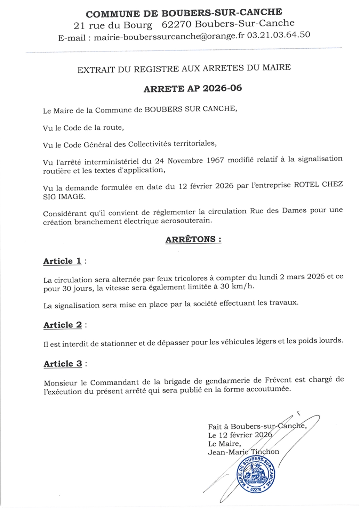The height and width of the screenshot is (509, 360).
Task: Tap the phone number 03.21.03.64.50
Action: pyautogui.click(x=278, y=35)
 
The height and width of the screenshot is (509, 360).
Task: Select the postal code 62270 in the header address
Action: pyautogui.click(x=177, y=24)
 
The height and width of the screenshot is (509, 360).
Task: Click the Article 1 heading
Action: pyautogui.click(x=62, y=261)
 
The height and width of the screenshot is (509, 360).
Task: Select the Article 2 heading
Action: pyautogui.click(x=63, y=325)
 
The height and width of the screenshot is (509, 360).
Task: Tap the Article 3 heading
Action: pyautogui.click(x=63, y=364)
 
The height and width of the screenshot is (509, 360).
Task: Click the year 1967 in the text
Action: pyautogui.click(x=215, y=160)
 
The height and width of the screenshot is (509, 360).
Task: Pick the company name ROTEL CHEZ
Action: pyautogui.click(x=318, y=184)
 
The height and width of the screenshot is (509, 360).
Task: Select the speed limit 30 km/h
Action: pyautogui.click(x=243, y=286)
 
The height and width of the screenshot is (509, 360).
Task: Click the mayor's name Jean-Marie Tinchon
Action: pyautogui.click(x=243, y=452)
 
